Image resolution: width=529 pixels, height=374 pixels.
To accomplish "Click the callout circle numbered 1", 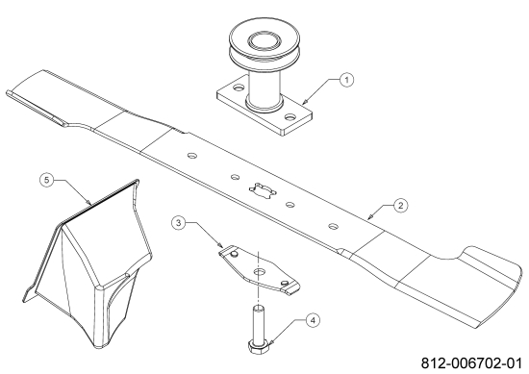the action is tap(347, 80).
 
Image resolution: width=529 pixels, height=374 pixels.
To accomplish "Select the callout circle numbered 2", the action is tap(400, 206).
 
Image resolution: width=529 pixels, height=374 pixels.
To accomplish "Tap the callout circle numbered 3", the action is tap(179, 223).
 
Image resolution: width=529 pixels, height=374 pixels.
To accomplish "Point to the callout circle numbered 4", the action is tap(313, 320).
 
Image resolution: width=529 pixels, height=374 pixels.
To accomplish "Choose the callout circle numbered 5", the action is tap(47, 180).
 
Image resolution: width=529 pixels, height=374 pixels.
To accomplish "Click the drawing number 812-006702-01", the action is tap(471, 363).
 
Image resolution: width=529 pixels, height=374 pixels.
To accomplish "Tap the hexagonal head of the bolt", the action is tap(259, 346).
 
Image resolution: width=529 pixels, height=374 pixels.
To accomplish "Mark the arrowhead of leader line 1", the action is tap(304, 102).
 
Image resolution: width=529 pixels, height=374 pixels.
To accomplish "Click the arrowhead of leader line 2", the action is tap(370, 217).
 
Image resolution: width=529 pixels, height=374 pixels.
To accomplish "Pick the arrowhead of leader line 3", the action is tap(220, 246).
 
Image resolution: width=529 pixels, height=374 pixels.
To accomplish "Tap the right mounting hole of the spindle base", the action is tap(290, 117).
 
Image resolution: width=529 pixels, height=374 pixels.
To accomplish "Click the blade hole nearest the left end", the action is tap(192, 156).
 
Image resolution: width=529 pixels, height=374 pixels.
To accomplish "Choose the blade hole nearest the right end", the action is tap(334, 226).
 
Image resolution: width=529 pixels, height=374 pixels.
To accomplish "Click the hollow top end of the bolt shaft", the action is tap(259, 308).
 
